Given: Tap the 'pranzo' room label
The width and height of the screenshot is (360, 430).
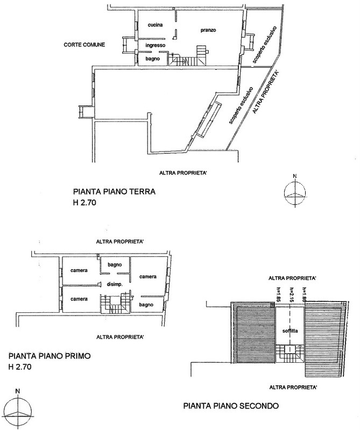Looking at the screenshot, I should pyautogui.click(x=208, y=30).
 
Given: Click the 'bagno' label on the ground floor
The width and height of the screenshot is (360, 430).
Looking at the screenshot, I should pyautogui.click(x=152, y=59).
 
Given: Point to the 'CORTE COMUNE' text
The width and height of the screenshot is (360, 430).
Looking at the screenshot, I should pyautogui.click(x=83, y=45).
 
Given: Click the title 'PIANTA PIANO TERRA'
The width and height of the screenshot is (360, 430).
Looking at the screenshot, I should pyautogui.click(x=114, y=191).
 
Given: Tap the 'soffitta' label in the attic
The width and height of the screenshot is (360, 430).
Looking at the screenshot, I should pyautogui.click(x=290, y=332).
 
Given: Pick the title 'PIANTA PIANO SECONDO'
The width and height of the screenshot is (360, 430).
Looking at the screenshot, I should pyautogui.click(x=231, y=406).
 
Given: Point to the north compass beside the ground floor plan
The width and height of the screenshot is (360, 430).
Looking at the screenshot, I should pyautogui.click(x=294, y=193).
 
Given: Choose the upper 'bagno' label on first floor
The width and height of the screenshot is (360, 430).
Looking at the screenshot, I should pyautogui.click(x=115, y=264).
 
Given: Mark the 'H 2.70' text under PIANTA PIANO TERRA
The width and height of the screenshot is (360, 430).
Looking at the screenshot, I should pyautogui.click(x=87, y=203).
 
